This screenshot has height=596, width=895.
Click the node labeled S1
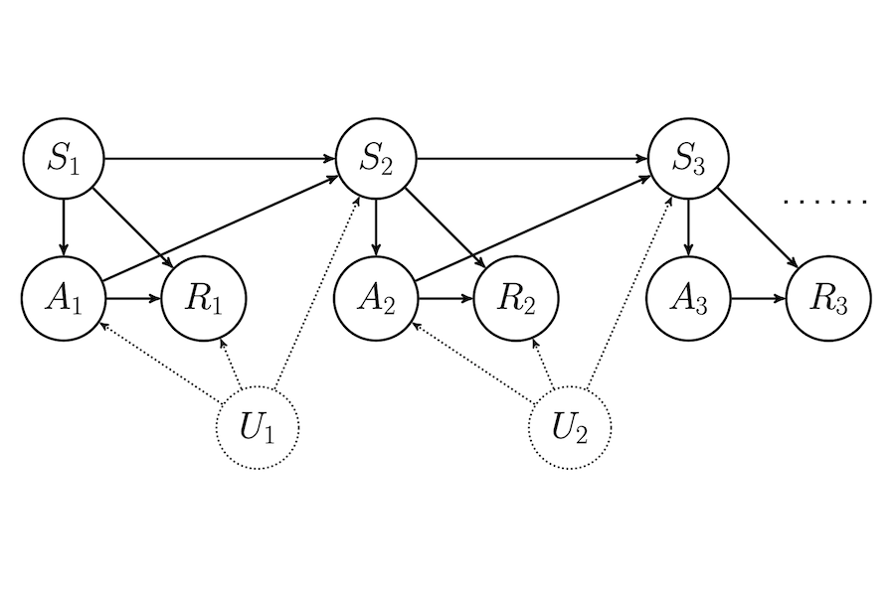tap(64, 159)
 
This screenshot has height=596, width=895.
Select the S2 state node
tap(376, 159)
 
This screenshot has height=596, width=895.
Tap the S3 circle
tap(688, 159)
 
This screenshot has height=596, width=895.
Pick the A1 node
tap(64, 298)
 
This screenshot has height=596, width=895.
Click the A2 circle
tap(376, 298)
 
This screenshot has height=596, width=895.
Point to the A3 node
tap(688, 298)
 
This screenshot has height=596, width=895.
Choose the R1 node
tap(202, 298)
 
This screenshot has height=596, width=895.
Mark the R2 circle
tap(514, 298)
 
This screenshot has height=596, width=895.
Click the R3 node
tap(827, 298)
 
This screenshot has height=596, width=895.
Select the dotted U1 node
tap(258, 428)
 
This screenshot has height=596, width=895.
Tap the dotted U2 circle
tap(570, 428)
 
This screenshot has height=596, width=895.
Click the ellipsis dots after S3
tap(825, 202)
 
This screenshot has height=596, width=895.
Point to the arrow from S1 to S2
tap(219, 159)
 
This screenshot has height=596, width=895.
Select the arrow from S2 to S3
tap(532, 159)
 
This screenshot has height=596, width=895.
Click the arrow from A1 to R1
tap(132, 298)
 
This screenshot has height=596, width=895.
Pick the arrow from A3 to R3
tap(758, 298)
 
